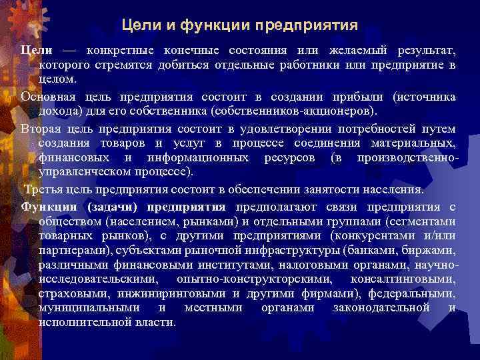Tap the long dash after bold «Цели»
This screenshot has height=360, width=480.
(x=70, y=51)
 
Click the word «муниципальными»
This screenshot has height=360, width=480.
(x=89, y=308)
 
